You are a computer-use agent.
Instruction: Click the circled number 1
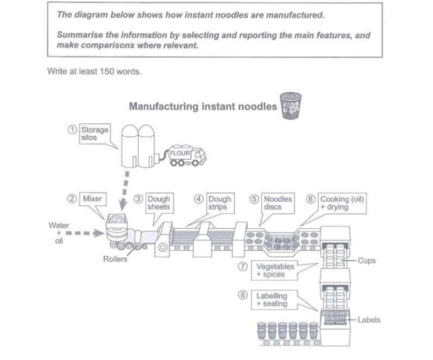(74, 130)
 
